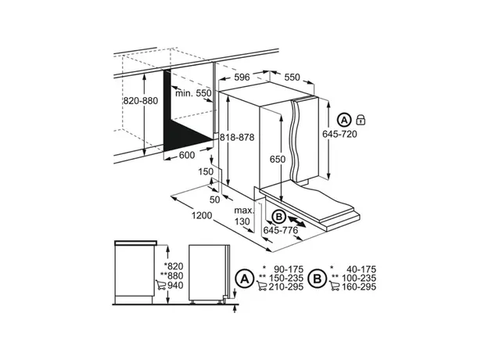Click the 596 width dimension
[x=242, y=77]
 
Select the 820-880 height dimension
[x=141, y=101]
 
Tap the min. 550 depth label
[x=193, y=93]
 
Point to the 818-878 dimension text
[x=237, y=137]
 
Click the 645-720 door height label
[x=339, y=135]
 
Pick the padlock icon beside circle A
[x=361, y=120]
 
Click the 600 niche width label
[x=187, y=155]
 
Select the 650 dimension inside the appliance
[x=278, y=160]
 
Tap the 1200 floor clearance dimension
[x=202, y=215]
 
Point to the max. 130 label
[x=244, y=216]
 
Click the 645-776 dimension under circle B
[x=281, y=230]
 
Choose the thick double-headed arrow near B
[x=296, y=221]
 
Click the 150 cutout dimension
[x=206, y=171]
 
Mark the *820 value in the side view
[x=174, y=266]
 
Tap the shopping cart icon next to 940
[x=160, y=285]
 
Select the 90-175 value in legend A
[x=289, y=269]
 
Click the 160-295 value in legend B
[x=359, y=286]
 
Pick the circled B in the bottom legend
[x=318, y=278]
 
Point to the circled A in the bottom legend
[x=245, y=279]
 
